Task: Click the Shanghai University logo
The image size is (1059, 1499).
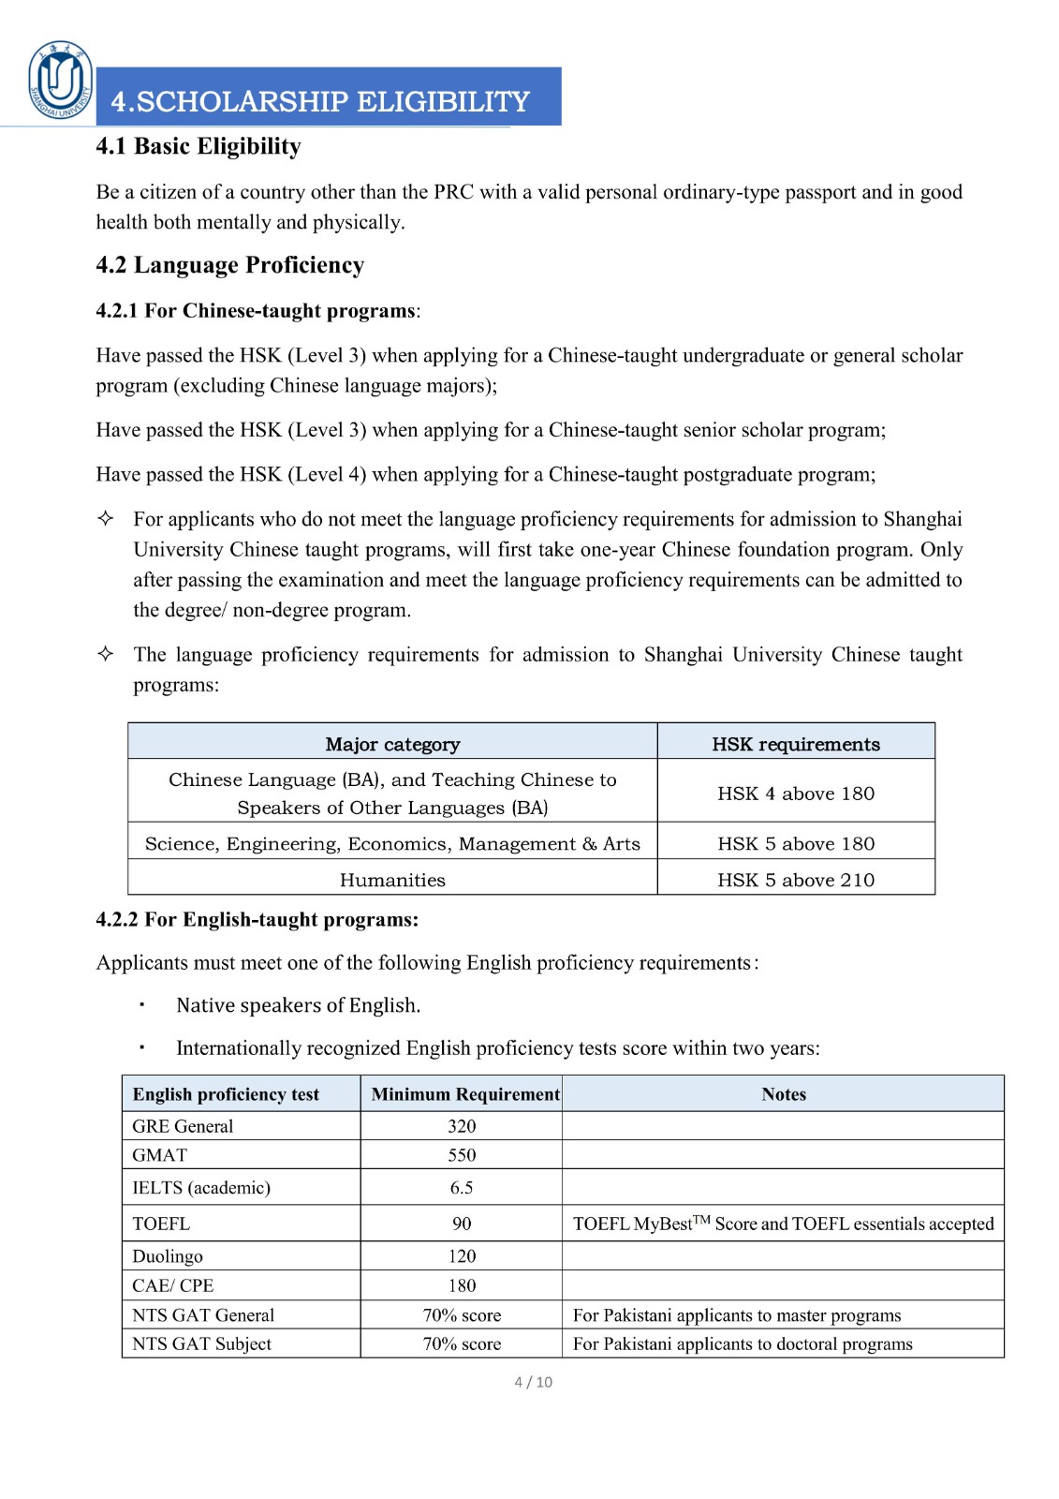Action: [x=61, y=81]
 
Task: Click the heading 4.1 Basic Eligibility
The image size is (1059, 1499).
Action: [x=199, y=146]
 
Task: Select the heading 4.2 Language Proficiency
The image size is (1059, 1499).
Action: [x=229, y=265]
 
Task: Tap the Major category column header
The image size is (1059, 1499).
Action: [x=392, y=744]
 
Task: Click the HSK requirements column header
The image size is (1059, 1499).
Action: [x=796, y=744]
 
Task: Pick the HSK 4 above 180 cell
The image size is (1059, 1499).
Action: [x=796, y=794]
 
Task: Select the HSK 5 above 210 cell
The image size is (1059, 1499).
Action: [x=796, y=880]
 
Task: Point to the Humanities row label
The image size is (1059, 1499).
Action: [x=392, y=880]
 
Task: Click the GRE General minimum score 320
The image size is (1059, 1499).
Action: [x=462, y=1126]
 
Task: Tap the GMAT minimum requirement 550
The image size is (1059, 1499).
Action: [x=462, y=1155]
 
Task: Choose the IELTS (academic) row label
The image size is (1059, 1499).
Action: [x=201, y=1188]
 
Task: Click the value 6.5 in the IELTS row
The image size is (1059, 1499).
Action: [x=462, y=1188]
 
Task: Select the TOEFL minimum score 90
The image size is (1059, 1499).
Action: [x=462, y=1224]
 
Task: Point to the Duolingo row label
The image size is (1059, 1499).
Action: [x=168, y=1256]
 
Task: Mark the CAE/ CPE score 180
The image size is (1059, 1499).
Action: [x=462, y=1285]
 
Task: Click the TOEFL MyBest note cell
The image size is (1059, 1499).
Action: [x=783, y=1224]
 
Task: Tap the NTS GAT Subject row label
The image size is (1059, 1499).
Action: [x=201, y=1343]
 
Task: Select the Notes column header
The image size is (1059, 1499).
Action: [x=784, y=1094]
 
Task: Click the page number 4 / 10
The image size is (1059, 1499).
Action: [x=533, y=1382]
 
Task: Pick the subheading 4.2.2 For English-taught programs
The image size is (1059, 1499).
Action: [x=257, y=920]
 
